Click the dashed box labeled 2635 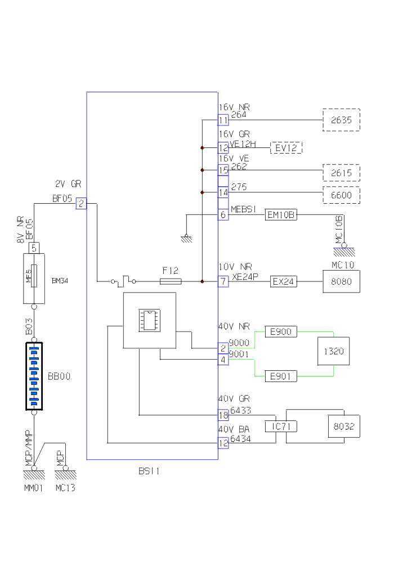coord(341,120)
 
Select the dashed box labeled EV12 coord(286,148)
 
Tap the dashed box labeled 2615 coord(341,173)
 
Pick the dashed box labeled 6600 coord(341,195)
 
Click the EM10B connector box coord(281,214)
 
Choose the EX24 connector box coord(283,281)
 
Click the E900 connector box coord(281,332)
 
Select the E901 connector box coord(281,376)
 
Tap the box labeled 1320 coord(334,352)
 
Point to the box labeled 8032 coord(344,427)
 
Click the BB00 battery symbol coord(34,376)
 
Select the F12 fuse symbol coord(171,281)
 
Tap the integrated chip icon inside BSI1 coord(149,320)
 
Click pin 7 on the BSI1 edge coord(223,281)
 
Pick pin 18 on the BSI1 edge coord(223,415)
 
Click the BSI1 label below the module coord(149,471)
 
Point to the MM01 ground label coord(33,488)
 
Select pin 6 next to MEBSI coord(223,214)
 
